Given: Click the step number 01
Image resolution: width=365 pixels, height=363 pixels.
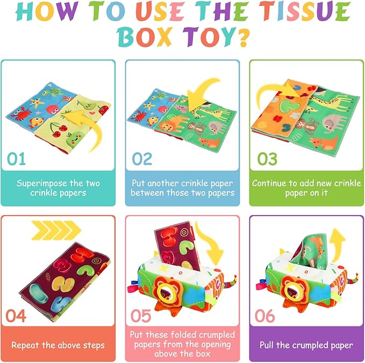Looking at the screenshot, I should [17, 159].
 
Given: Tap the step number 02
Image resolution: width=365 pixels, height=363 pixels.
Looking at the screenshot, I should [141, 159].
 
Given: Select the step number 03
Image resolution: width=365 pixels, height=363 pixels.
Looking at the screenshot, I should [268, 159].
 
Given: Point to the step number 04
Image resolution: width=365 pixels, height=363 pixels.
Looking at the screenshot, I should [17, 316].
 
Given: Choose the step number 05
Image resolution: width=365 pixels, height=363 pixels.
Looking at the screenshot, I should [142, 316].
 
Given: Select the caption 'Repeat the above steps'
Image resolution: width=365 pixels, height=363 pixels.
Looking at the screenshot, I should [58, 345].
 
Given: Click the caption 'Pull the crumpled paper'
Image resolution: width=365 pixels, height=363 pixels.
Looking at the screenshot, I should [306, 345].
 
